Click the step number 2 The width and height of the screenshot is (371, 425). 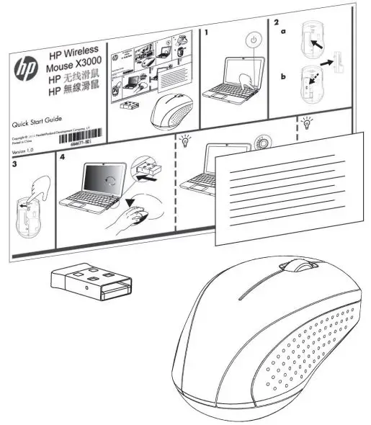tap(277, 23)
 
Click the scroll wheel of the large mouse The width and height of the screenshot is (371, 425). tap(302, 267)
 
